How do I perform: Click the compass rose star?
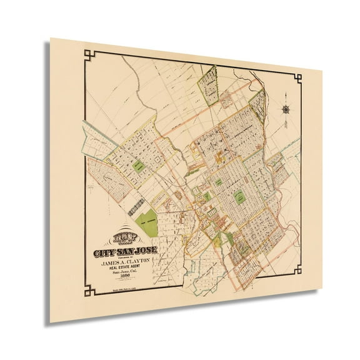click(286, 109)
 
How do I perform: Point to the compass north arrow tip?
click(285, 94)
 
